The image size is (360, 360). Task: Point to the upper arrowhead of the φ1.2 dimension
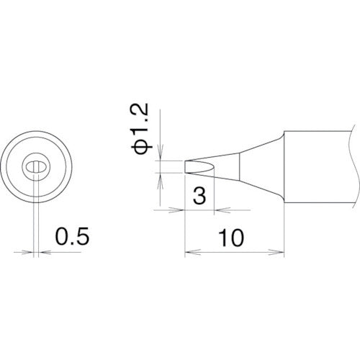click(161, 156)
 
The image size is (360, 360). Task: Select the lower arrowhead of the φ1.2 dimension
click(161, 178)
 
